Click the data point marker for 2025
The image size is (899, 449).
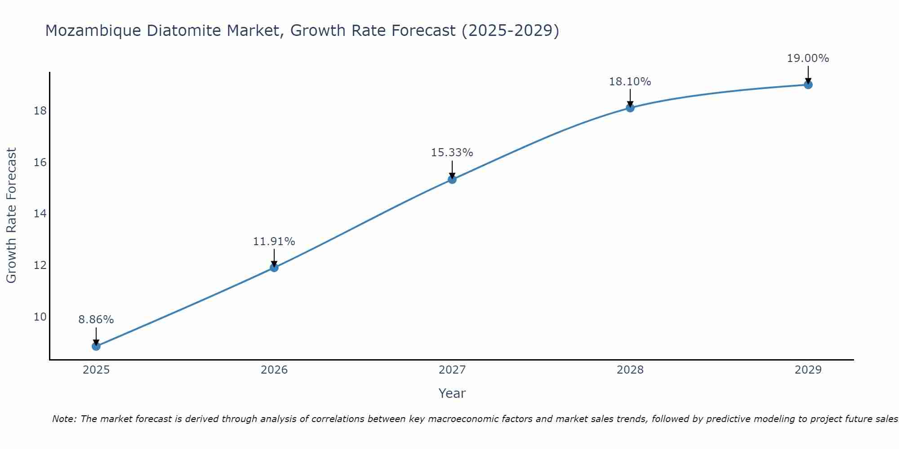(96, 346)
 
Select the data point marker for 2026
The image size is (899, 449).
(274, 268)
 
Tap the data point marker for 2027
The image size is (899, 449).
(452, 180)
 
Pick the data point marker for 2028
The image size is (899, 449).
(630, 108)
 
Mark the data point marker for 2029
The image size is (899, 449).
(808, 85)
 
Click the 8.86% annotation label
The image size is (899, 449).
(96, 320)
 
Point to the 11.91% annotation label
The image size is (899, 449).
(274, 242)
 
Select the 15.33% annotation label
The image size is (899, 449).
(452, 153)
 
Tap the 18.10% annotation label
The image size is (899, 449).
(630, 82)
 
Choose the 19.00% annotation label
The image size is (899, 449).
(808, 58)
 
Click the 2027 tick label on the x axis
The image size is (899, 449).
(452, 370)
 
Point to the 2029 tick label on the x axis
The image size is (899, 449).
(808, 370)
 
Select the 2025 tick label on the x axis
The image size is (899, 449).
(96, 370)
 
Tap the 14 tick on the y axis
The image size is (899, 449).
(40, 214)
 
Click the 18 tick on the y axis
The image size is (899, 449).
(40, 111)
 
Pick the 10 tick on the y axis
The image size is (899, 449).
(40, 317)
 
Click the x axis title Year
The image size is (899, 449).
(452, 393)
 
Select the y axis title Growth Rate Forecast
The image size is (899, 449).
(11, 216)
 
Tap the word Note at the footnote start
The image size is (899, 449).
(64, 419)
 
